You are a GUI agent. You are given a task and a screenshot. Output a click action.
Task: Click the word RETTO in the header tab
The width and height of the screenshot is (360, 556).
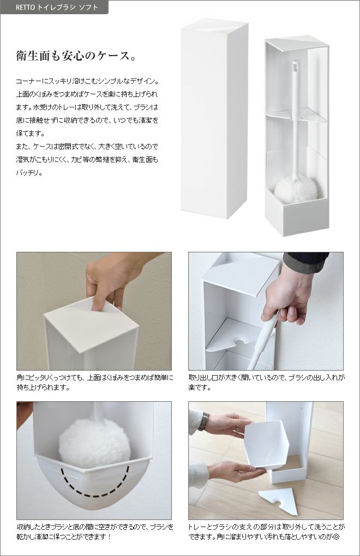click(25, 8)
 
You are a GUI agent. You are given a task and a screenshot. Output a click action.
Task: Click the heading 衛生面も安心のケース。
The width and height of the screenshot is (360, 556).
click(76, 56)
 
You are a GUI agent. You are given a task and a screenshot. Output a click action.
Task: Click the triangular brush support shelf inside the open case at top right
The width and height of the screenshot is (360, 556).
click(296, 114)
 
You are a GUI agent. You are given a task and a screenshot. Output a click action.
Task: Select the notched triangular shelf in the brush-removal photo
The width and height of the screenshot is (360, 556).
click(234, 335)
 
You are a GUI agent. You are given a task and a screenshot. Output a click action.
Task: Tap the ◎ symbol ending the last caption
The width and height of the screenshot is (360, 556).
click(336, 536)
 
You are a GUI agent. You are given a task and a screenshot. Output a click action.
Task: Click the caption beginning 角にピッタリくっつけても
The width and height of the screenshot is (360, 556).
click(95, 382)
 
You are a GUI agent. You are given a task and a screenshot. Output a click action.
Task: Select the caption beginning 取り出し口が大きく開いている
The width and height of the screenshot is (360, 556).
click(267, 382)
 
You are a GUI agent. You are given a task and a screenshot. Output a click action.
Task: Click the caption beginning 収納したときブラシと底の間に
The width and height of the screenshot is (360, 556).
click(95, 531)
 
